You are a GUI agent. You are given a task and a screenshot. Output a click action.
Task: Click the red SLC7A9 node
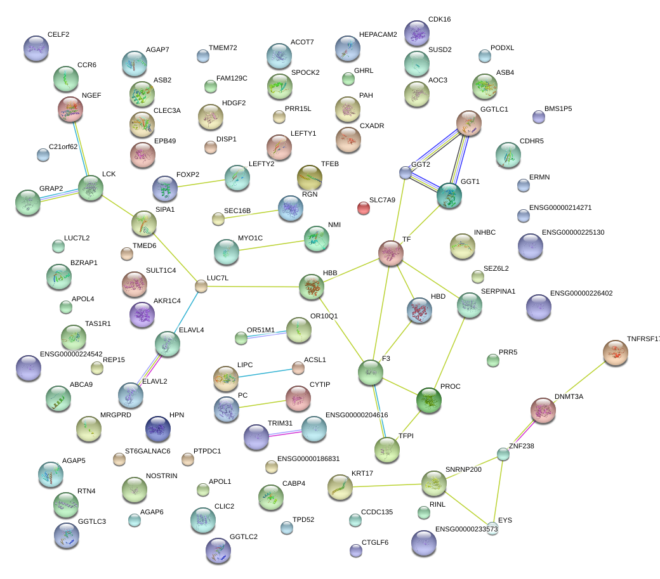pyautogui.click(x=363, y=208)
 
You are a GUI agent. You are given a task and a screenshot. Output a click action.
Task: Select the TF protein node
pyautogui.click(x=391, y=253)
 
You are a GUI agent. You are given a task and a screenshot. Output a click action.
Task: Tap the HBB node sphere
pyautogui.click(x=312, y=287)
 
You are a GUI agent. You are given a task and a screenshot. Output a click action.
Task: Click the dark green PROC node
pyautogui.click(x=429, y=400)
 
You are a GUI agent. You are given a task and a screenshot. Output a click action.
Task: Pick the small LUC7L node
pyautogui.click(x=201, y=286)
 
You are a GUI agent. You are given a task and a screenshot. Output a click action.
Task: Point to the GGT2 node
pyautogui.click(x=406, y=172)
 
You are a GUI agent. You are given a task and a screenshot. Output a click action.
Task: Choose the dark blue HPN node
pyautogui.click(x=158, y=429)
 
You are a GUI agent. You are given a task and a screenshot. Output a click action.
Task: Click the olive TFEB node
pyautogui.click(x=310, y=178)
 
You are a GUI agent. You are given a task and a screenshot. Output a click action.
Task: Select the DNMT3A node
pyautogui.click(x=543, y=410)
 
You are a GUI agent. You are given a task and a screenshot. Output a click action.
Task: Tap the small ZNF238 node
pyautogui.click(x=503, y=454)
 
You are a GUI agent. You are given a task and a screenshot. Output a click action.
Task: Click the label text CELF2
pyautogui.click(x=58, y=34)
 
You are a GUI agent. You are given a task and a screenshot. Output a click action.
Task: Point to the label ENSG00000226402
pyautogui.click(x=581, y=293)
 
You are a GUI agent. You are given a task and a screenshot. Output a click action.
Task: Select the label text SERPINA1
pyautogui.click(x=498, y=291)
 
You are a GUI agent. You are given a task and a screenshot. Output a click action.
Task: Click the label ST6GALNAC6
pyautogui.click(x=147, y=451)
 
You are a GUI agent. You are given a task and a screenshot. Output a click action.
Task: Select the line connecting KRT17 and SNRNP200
pyautogui.click(x=387, y=486)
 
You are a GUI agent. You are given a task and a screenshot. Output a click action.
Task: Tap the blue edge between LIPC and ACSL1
pyautogui.click(x=265, y=372)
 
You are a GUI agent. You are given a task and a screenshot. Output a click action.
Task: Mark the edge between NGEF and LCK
pyautogui.click(x=81, y=149)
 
